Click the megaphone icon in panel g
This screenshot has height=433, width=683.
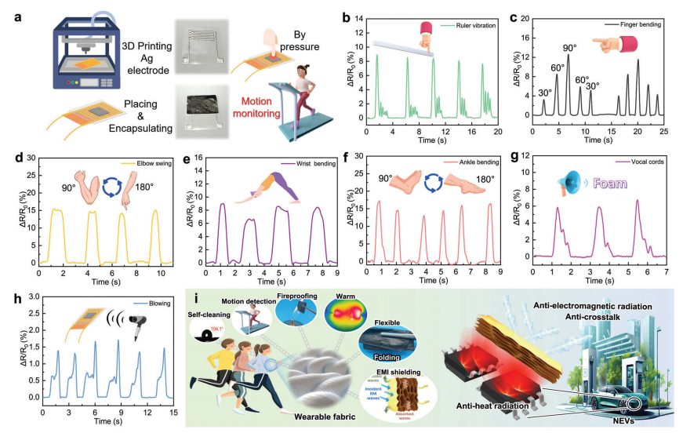tap(566, 185)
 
